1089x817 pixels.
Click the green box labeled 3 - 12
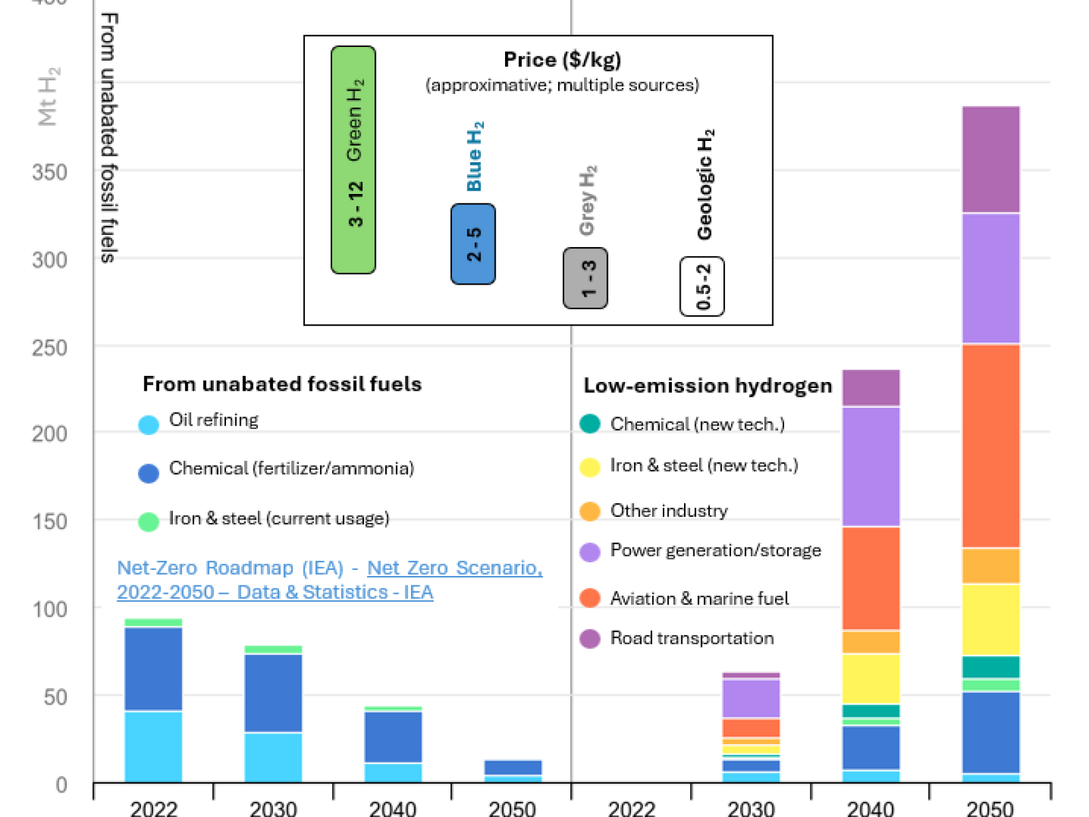coord(353,160)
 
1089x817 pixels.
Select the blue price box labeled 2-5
coord(473,244)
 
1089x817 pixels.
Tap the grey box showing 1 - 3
coord(585,278)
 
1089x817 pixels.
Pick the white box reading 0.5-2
coord(702,287)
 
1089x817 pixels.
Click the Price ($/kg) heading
coord(562,60)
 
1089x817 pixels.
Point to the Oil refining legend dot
coord(148,425)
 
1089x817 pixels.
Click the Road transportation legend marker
coord(590,639)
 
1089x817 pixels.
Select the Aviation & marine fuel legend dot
coord(590,598)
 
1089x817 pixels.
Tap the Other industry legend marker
coord(590,511)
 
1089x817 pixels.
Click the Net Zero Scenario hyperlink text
coord(455,568)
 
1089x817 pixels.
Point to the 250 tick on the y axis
coord(50,348)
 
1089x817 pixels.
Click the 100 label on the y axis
coord(50,609)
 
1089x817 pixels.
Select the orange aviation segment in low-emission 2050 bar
coord(991,446)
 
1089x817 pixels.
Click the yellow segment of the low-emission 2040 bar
coord(871,679)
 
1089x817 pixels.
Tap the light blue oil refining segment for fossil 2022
coord(154,746)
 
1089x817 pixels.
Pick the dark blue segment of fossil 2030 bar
coord(274,693)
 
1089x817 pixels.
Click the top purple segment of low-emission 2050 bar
coord(991,160)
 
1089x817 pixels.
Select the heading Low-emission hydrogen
coord(708,386)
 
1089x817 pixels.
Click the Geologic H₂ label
coord(705,185)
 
